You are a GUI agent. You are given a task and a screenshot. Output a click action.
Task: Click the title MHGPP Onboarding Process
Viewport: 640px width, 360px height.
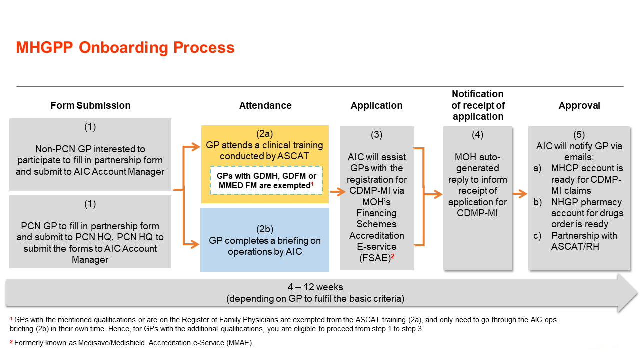pyautogui.click(x=125, y=48)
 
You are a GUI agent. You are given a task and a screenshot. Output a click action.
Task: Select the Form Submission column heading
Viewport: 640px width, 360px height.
pyautogui.click(x=90, y=105)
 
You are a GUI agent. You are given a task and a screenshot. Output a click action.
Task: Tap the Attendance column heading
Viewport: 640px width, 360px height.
pyautogui.click(x=265, y=105)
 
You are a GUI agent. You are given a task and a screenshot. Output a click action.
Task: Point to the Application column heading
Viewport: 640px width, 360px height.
pyautogui.click(x=376, y=105)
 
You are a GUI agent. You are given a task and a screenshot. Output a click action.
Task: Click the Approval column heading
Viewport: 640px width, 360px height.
pyautogui.click(x=579, y=105)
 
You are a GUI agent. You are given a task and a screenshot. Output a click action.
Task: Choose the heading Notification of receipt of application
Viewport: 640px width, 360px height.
pyautogui.click(x=478, y=105)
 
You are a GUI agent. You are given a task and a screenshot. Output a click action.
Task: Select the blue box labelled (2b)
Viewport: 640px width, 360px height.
pyautogui.click(x=265, y=240)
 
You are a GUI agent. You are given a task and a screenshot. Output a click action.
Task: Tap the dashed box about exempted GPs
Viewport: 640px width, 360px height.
pyautogui.click(x=266, y=181)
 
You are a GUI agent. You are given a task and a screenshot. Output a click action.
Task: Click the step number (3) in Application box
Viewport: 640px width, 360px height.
pyautogui.click(x=377, y=135)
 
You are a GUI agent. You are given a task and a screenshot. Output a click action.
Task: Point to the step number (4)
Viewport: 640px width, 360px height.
pyautogui.click(x=477, y=135)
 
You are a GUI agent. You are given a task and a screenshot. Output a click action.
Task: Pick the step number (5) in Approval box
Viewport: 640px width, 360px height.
pyautogui.click(x=579, y=135)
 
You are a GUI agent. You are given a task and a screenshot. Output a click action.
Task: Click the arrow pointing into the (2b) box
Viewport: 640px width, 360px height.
pyautogui.click(x=193, y=244)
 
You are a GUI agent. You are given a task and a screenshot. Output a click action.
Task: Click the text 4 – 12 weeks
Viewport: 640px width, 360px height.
pyautogui.click(x=315, y=287)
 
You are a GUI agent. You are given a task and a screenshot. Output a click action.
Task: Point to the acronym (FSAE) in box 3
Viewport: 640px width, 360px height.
pyautogui.click(x=375, y=258)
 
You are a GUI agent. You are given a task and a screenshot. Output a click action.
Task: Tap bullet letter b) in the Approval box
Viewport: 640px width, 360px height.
pyautogui.click(x=537, y=202)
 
